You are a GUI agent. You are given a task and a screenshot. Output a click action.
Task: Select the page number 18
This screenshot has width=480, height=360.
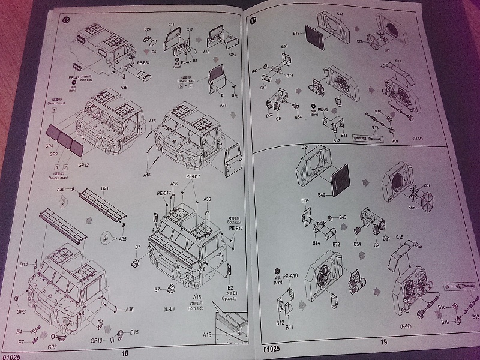coord(125,353)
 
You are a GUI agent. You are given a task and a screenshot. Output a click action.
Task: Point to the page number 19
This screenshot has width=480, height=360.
coord(383,342)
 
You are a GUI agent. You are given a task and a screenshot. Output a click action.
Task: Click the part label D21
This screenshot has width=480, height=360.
coord(104,189)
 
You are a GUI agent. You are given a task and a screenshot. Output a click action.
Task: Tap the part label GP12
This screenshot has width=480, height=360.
coord(83,165)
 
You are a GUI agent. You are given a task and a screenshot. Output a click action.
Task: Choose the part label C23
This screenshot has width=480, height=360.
coord(340,13)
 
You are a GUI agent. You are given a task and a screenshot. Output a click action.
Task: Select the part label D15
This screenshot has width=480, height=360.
coord(134,332)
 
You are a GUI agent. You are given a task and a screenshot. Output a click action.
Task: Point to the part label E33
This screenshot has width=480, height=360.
coord(284,46)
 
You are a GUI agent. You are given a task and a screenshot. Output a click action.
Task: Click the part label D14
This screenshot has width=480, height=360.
coord(23,264)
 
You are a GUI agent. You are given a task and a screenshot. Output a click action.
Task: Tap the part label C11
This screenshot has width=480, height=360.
coord(171,25)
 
